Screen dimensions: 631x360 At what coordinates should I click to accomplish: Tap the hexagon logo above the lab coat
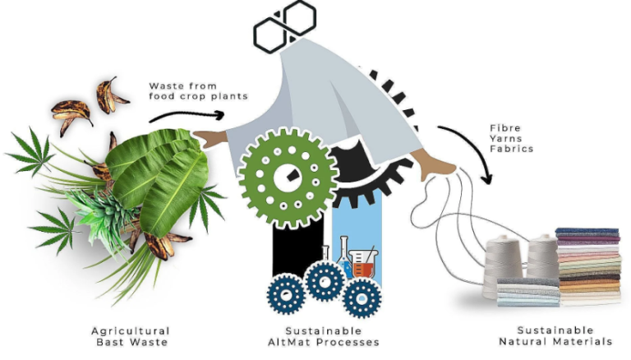[x=285, y=25]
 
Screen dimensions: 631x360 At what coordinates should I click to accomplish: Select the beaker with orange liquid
[x=363, y=264]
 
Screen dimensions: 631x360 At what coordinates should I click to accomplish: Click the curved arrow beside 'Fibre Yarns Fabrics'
[x=475, y=145]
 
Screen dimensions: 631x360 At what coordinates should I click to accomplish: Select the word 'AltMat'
[x=289, y=342]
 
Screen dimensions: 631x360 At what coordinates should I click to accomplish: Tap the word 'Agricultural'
[x=131, y=331]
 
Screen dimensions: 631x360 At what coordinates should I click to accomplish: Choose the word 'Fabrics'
[x=512, y=149]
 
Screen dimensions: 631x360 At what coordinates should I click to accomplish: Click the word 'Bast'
[x=110, y=342]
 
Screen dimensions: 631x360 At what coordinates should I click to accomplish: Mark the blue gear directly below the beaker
[x=362, y=298]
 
